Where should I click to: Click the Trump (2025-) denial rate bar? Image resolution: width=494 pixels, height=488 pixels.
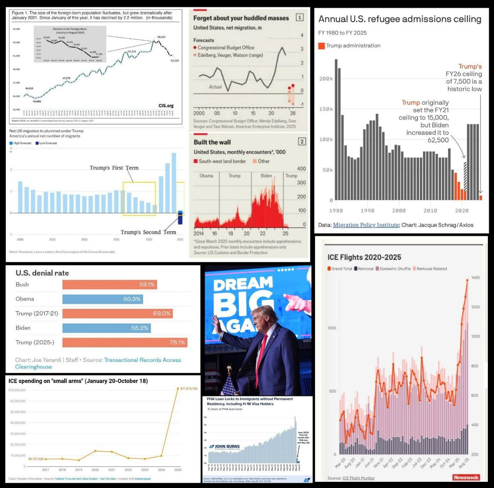click(x=125, y=342)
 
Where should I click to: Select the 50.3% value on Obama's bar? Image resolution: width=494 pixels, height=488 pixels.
click(x=132, y=299)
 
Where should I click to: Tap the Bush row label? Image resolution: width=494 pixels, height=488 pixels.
click(x=22, y=285)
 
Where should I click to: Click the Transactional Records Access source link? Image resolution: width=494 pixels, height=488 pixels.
click(x=142, y=360)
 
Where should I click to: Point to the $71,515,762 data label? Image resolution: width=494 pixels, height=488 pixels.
click(x=189, y=388)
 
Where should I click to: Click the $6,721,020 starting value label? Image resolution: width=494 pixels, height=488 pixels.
click(x=36, y=459)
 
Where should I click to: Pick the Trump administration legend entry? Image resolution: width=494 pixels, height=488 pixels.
click(x=349, y=46)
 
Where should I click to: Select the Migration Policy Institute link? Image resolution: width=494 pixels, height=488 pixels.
click(x=366, y=225)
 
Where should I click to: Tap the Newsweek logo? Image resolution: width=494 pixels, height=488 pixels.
click(x=466, y=478)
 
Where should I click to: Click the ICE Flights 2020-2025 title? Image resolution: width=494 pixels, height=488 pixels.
click(x=364, y=258)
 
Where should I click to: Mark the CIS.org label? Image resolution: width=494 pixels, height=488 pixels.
click(x=166, y=106)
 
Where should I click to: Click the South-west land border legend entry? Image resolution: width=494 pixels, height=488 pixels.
click(x=220, y=161)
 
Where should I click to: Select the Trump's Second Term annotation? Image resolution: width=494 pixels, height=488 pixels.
click(x=148, y=232)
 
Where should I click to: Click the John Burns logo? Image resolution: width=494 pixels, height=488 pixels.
click(x=225, y=447)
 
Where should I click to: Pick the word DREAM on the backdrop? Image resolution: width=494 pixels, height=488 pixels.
click(x=243, y=285)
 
